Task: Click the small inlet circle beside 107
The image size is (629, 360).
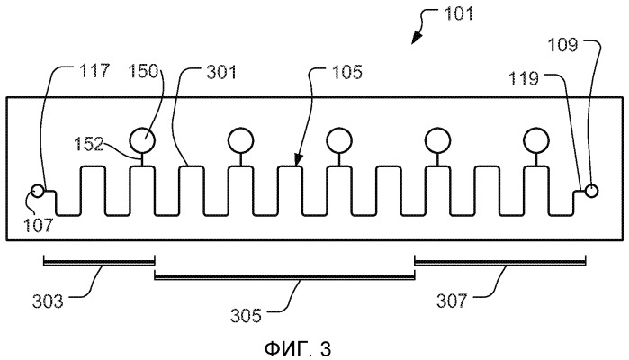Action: tap(37, 192)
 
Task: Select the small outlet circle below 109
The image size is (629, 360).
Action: tap(591, 190)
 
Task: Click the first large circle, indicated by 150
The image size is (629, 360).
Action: tap(141, 139)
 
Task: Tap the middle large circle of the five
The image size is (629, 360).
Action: tap(339, 139)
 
